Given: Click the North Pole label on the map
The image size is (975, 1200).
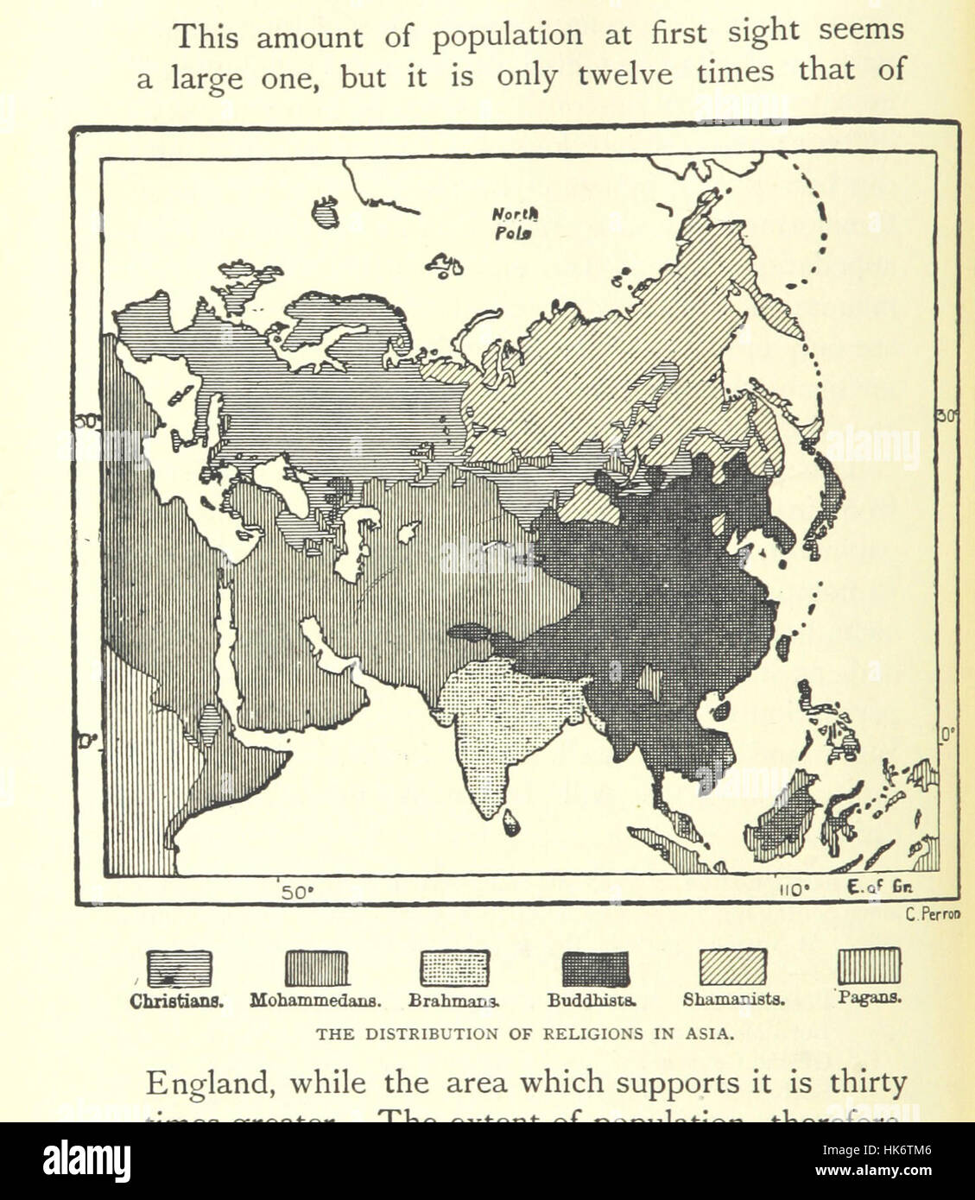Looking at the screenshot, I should [515, 224].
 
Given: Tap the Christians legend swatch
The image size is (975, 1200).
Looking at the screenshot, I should [179, 969].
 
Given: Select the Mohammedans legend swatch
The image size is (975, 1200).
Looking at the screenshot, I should [317, 969].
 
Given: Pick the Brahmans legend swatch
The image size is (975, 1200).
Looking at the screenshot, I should [454, 969].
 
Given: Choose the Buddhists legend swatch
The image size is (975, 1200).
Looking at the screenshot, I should [595, 969].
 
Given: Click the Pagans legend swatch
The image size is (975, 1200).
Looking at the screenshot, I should [869, 966].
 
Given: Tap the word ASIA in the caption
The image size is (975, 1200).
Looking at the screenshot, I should [711, 1034].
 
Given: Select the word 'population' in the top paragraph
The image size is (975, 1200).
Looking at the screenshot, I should [507, 36].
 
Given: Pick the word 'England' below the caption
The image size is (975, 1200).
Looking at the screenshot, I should [207, 1083].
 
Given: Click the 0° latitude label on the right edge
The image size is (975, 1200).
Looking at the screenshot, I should [947, 735].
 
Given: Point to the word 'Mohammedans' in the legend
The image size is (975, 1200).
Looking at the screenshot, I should [316, 1001].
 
